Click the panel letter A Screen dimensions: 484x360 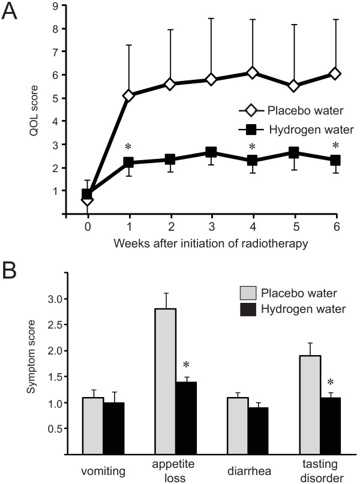click(x=13, y=13)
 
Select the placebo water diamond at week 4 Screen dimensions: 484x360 click(x=252, y=73)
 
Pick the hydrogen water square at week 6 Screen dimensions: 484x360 click(x=335, y=160)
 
